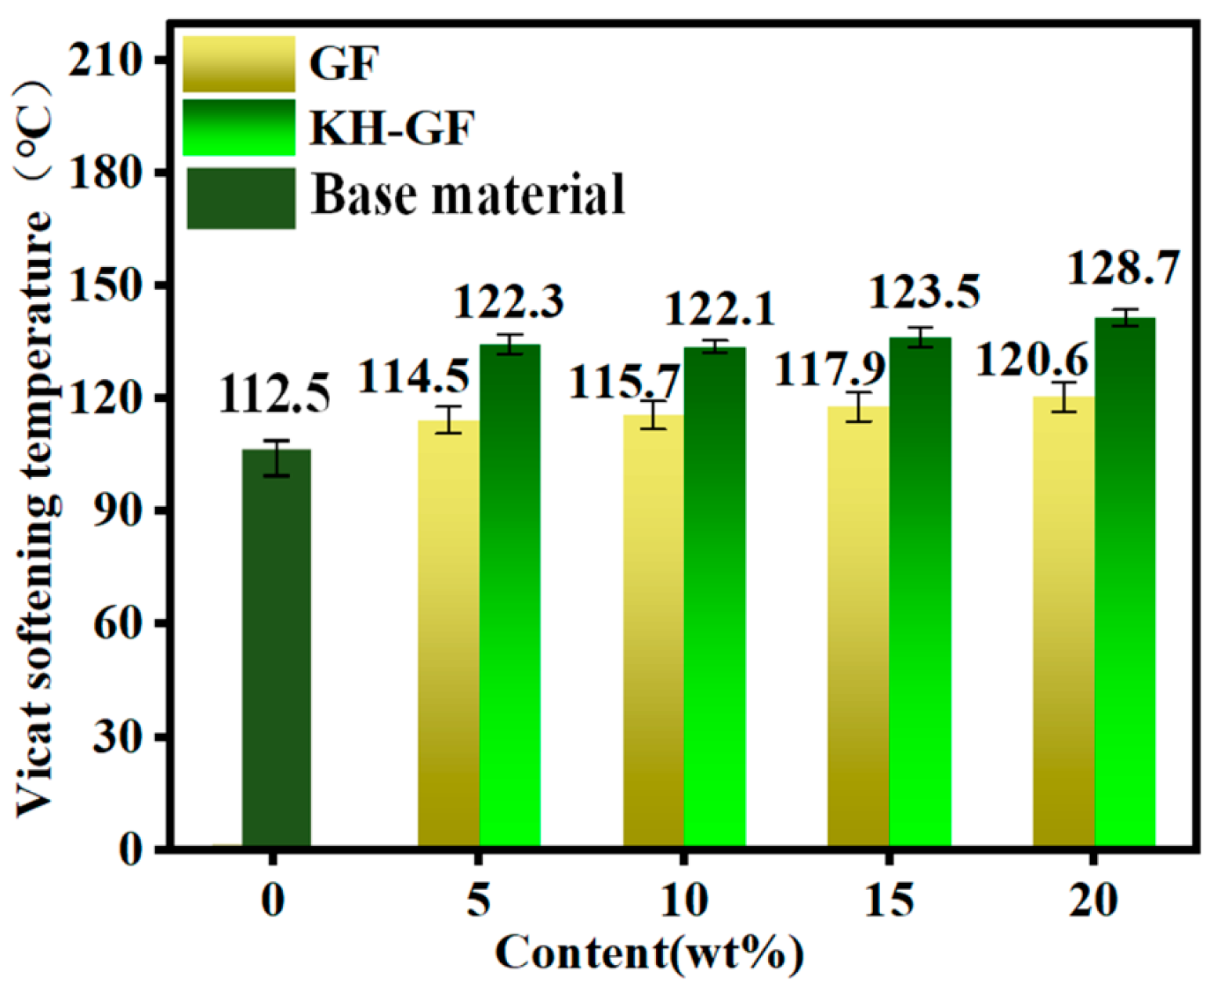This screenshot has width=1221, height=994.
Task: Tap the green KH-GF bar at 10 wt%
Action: coord(715,595)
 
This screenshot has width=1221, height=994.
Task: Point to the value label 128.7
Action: coord(1123,269)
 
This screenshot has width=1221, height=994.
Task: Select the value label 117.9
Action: coord(829,368)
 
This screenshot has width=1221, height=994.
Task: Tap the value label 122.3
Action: coord(509,302)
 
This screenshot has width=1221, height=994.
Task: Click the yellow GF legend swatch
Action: coord(239,63)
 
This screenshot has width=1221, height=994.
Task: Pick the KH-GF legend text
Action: coord(392,128)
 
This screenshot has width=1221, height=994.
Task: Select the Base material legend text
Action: coord(468,194)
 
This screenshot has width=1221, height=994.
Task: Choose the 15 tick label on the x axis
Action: coord(889,901)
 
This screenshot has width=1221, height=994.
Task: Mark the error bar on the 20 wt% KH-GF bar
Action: coord(1125,317)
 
